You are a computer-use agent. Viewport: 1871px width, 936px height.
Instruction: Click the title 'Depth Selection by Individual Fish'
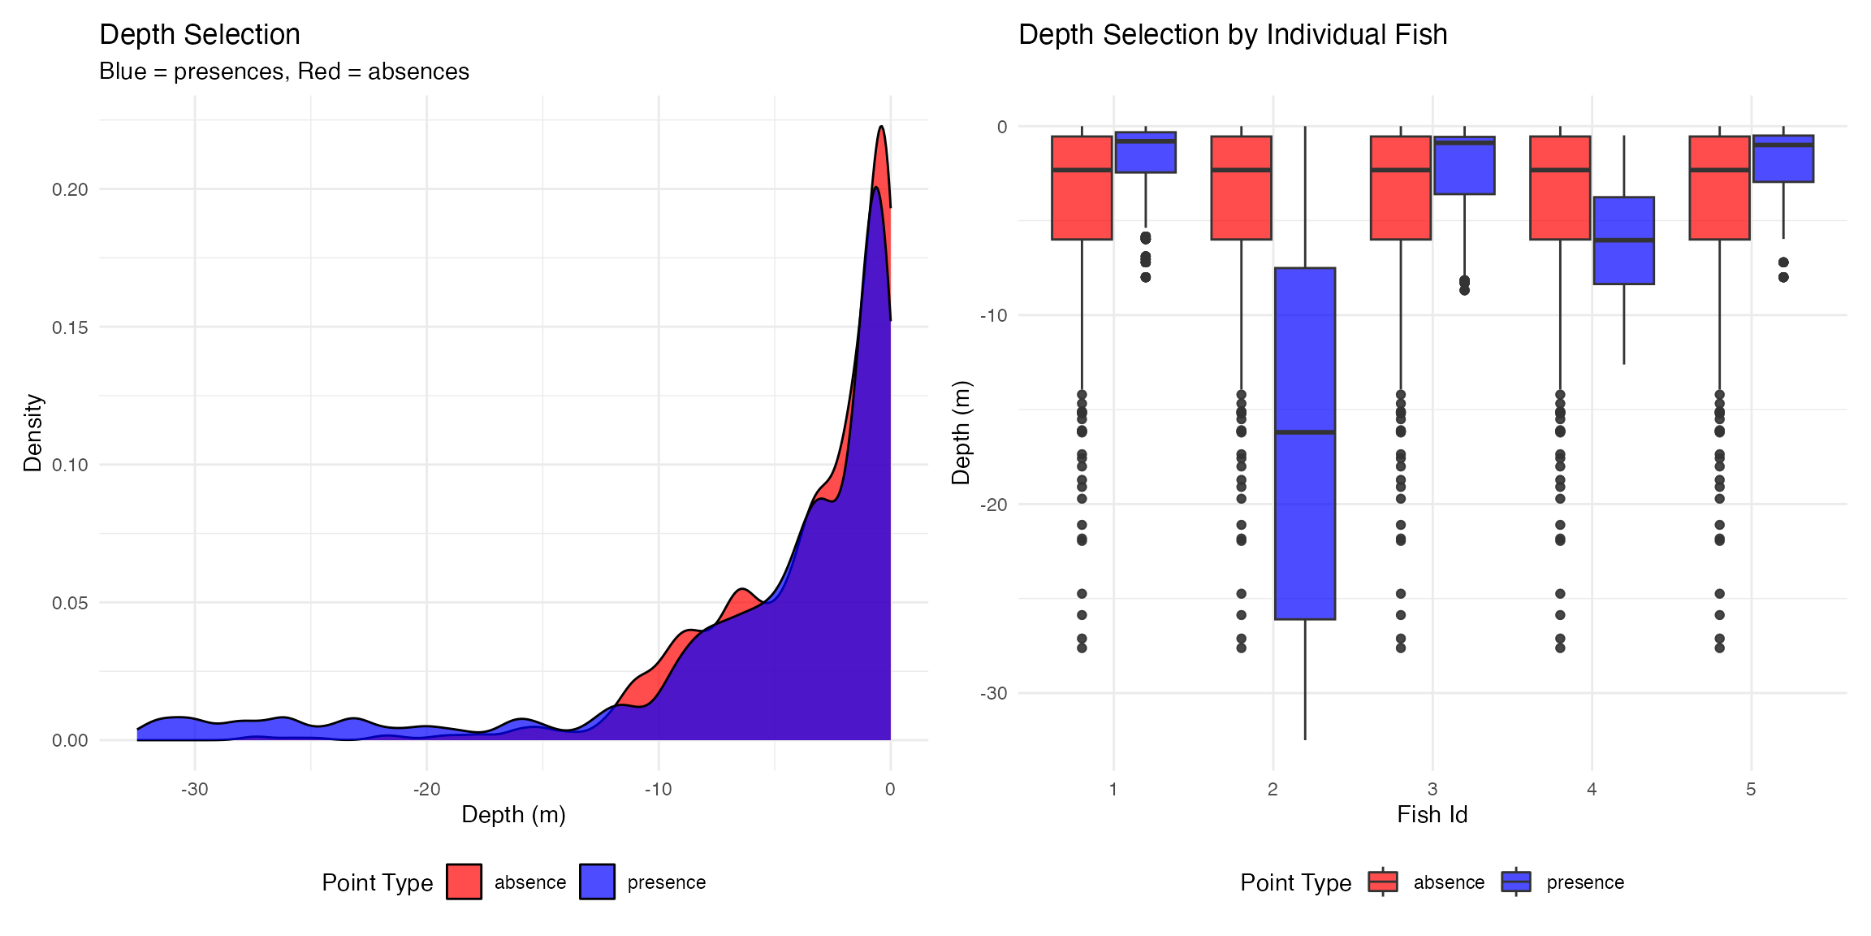tap(1232, 35)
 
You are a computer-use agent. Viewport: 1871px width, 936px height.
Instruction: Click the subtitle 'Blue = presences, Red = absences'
tap(284, 71)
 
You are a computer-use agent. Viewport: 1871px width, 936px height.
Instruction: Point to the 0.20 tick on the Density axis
tap(70, 189)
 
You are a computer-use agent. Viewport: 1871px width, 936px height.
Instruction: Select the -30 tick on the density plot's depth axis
tap(195, 789)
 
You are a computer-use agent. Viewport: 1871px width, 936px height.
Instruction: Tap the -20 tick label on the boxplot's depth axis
tap(993, 505)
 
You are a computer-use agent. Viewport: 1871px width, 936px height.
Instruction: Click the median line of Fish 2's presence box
tap(1304, 432)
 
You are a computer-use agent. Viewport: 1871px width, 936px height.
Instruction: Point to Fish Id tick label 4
tap(1592, 789)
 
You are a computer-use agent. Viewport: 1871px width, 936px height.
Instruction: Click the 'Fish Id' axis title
tap(1432, 815)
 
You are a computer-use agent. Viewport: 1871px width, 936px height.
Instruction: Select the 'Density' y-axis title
tap(32, 432)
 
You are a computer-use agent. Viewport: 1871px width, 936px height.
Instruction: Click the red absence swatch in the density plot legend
tap(464, 882)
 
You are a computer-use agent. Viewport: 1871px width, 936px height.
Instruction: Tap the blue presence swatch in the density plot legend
tap(597, 882)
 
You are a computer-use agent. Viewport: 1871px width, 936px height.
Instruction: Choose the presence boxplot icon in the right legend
tap(1515, 882)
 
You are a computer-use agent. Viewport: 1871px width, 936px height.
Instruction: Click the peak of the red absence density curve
tap(881, 128)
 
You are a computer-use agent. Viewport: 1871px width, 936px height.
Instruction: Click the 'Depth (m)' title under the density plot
tap(513, 815)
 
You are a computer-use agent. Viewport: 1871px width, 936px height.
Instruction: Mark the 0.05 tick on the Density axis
tap(70, 603)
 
